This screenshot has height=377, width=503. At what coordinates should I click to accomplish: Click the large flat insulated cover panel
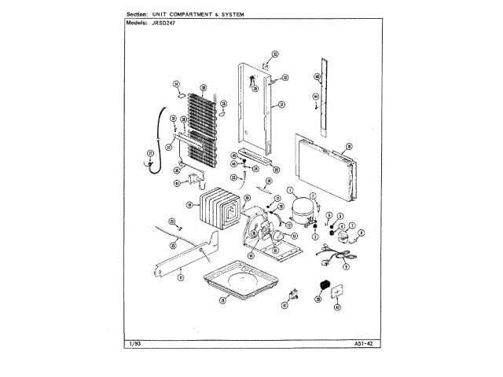coord(323,167)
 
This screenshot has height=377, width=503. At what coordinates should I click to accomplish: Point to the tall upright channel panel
coord(258,106)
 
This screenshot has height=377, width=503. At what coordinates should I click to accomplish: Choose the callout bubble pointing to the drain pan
coord(222,301)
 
